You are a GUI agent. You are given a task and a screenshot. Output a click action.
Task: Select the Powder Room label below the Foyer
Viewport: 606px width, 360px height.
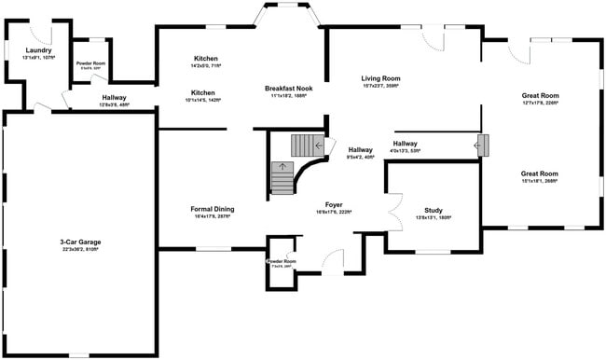[x=281, y=261]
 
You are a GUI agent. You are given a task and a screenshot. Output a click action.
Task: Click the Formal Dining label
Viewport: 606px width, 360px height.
[x=213, y=209]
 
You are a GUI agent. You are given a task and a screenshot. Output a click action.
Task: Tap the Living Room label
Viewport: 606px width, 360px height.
[x=381, y=78]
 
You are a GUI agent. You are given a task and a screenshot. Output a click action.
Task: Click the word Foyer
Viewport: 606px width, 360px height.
[x=334, y=204]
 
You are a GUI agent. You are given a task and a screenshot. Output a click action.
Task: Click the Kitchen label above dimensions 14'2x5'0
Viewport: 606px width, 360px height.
[x=205, y=58]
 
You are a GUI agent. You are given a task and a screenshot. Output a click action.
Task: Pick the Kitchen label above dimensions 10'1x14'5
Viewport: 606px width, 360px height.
[x=202, y=93]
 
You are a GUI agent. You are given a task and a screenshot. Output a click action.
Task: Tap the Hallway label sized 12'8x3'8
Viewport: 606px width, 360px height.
[x=114, y=97]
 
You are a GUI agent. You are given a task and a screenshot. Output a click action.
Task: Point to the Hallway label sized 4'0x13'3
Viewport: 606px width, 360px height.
[x=405, y=143]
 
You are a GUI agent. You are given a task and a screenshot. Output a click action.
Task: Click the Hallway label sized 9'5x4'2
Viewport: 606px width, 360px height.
[x=360, y=149]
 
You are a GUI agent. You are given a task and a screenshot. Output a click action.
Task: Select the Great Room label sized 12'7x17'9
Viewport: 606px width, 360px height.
[x=539, y=95]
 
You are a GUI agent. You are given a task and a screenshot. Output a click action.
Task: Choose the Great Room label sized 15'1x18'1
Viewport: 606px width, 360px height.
[x=539, y=173]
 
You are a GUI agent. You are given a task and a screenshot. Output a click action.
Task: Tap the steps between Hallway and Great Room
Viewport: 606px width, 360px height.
[x=482, y=145]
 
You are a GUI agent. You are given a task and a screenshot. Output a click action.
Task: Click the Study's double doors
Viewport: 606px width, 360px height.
[x=393, y=209]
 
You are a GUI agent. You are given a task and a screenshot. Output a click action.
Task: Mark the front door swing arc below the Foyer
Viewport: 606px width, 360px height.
[x=333, y=262]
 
